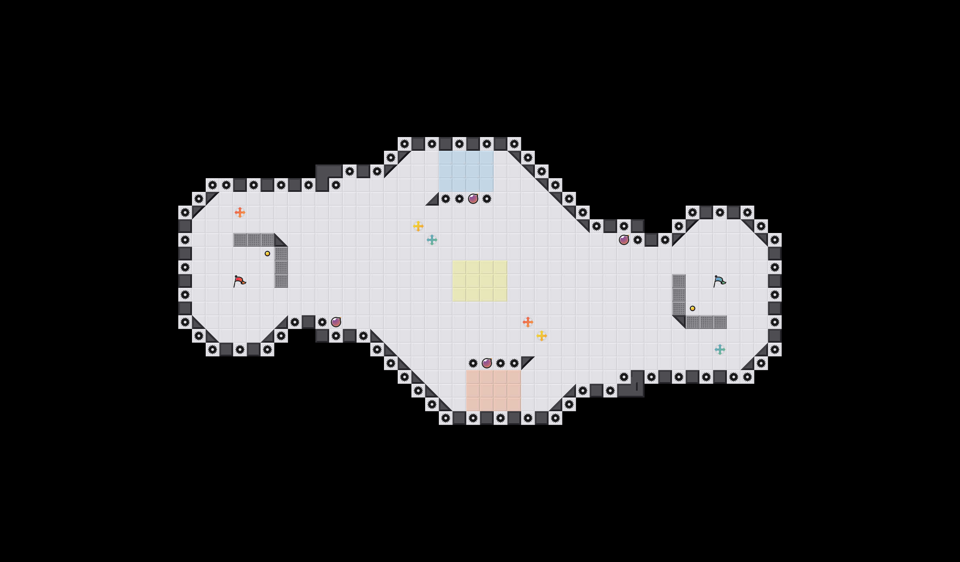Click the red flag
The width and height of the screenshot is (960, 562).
point(239,281)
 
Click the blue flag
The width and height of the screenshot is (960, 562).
point(719,281)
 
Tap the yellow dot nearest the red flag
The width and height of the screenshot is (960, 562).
point(267,254)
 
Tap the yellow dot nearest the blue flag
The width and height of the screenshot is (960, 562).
point(693,308)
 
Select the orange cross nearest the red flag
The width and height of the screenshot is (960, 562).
point(240,212)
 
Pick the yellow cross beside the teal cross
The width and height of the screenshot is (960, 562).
point(418,226)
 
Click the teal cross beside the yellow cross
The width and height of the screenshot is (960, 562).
point(432,240)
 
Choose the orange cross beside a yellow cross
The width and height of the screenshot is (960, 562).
point(528,322)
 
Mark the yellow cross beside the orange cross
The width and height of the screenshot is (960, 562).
point(542,336)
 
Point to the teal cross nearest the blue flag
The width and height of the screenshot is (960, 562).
point(720,350)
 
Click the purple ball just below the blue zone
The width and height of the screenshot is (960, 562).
point(473,199)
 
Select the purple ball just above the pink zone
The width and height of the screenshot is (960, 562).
point(487,363)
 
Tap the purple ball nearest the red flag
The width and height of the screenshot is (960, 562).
point(336,322)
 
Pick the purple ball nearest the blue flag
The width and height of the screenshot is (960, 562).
point(624,240)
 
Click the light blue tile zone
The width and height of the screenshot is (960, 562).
point(466,171)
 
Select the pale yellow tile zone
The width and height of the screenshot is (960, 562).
point(480,281)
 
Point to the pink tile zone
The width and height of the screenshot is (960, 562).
point(494,391)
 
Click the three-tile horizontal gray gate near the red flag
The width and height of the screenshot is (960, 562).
point(254,240)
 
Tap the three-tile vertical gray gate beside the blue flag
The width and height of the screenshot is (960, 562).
point(679,295)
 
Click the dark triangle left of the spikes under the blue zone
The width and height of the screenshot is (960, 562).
point(433,199)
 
